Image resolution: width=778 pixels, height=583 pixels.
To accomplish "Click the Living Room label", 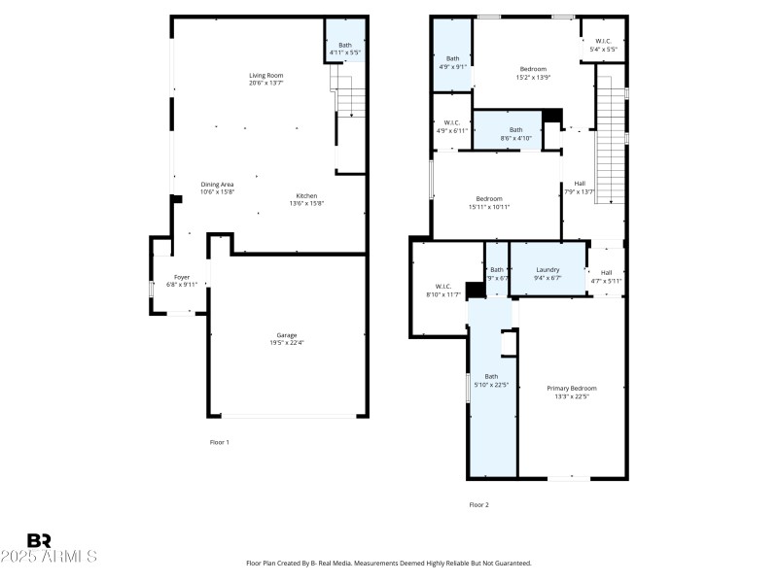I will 265,75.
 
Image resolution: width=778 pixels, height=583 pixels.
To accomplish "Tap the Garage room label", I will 286,335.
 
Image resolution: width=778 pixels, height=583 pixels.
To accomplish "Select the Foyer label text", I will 182,277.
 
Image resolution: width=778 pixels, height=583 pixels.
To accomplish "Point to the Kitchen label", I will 306,196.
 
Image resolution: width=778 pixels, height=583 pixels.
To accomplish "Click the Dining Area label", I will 217,185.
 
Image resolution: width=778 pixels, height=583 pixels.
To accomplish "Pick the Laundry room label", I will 548,269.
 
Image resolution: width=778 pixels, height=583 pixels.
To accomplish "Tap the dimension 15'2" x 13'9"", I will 533,77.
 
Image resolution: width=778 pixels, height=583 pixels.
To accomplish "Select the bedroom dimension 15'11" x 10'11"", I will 489,206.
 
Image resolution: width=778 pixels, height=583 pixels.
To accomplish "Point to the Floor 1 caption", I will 220,442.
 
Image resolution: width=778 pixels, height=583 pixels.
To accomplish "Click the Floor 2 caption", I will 478,504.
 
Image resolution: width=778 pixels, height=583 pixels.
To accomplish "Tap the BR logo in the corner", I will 39,540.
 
